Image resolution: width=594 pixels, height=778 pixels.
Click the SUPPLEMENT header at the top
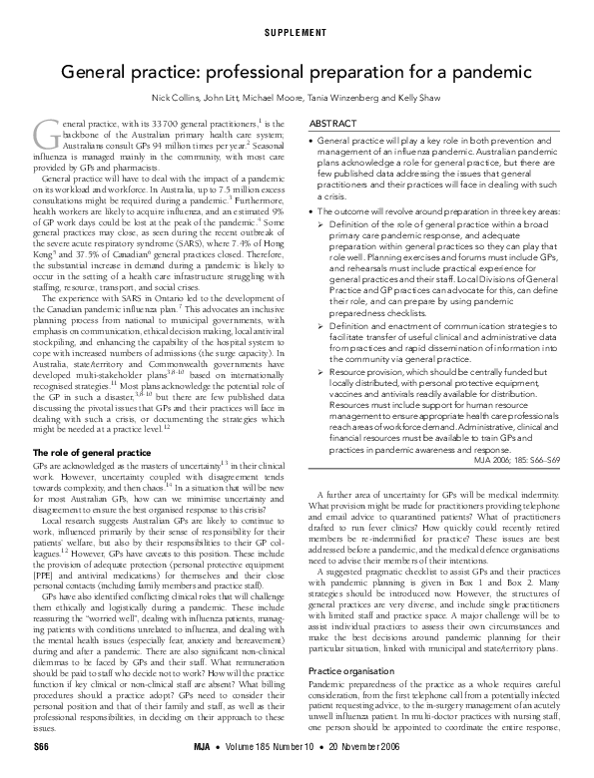297,34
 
